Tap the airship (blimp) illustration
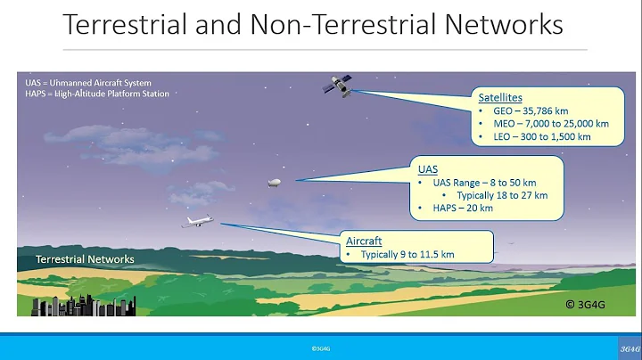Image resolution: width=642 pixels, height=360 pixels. [x=276, y=182]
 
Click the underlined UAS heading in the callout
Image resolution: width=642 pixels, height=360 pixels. [x=428, y=167]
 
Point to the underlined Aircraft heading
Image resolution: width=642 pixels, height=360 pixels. [x=363, y=241]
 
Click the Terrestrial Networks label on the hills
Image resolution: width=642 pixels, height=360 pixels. [x=85, y=259]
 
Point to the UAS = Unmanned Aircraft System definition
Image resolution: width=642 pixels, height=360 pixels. [x=88, y=83]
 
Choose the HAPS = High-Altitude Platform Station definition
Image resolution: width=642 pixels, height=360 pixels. [x=97, y=93]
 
